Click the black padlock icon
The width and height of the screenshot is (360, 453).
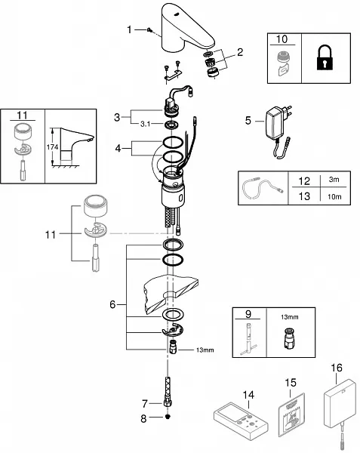(325, 57)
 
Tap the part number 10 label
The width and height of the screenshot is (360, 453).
(282, 39)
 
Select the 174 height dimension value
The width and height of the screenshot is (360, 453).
(52, 147)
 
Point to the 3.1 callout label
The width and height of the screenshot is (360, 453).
(145, 124)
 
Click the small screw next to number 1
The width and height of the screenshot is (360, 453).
(149, 29)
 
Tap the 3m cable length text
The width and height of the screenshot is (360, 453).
(334, 180)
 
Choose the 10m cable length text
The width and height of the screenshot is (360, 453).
(334, 197)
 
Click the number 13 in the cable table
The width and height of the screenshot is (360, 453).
(304, 196)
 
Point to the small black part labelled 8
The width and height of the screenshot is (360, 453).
(168, 417)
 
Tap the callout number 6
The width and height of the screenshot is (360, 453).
(112, 304)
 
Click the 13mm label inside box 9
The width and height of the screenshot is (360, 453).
(290, 317)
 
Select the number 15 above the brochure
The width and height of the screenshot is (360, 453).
(291, 383)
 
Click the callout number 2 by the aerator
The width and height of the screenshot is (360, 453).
(240, 52)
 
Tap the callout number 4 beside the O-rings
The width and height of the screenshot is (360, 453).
(118, 148)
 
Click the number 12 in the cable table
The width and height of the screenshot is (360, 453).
(304, 181)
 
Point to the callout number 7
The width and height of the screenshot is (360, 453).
(144, 404)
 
